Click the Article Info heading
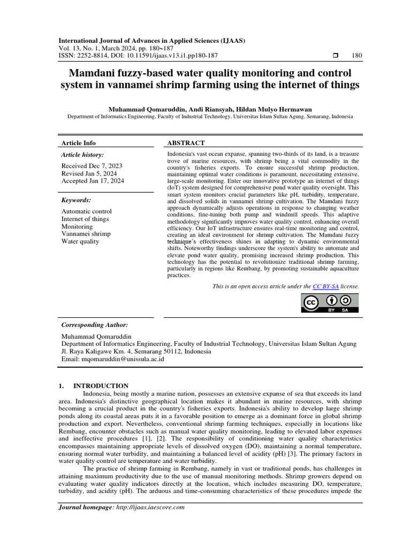coord(79,143)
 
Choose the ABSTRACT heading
coord(186,143)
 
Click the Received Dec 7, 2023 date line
coord(92,166)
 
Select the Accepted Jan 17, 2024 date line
coord(93,181)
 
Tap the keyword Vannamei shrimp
coord(86,234)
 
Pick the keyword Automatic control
coord(87,211)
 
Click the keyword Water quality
coord(80,241)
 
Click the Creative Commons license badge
coord(329,303)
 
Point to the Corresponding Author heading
coord(95,325)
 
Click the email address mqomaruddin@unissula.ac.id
coord(123,359)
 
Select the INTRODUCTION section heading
coord(101,385)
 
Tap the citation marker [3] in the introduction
coord(260,454)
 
